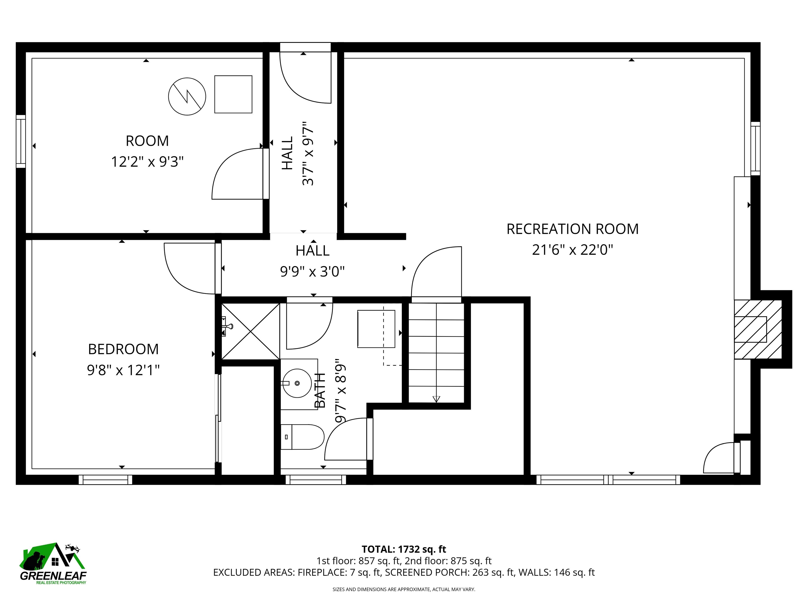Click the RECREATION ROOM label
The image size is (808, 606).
572,229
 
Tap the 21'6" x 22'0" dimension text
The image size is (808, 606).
572,250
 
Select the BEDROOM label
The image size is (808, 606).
123,350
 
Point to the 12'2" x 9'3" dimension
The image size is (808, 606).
147,161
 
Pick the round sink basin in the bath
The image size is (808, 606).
297,383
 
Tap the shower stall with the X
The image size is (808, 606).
251,331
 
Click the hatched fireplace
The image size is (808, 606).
757,330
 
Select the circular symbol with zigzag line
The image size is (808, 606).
187,97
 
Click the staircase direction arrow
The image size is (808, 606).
436,399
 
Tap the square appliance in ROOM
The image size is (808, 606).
233,94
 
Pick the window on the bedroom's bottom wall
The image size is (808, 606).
105,479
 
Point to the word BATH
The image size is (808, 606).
320,391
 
